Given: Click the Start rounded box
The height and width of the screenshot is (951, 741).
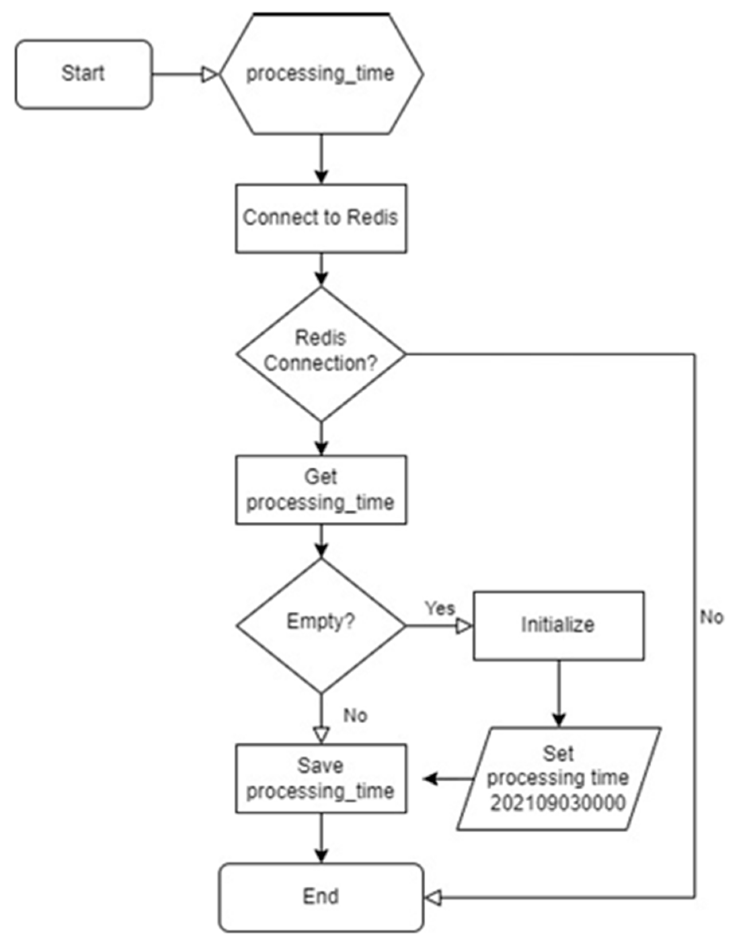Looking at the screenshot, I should (84, 74).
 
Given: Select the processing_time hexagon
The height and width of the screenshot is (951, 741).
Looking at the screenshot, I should (321, 74).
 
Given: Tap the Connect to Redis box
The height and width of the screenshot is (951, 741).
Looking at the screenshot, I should (321, 218).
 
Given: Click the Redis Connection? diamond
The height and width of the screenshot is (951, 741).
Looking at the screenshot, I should (321, 354).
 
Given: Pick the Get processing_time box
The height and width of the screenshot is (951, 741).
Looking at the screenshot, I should (321, 489).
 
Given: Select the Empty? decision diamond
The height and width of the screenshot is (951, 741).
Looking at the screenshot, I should (321, 626).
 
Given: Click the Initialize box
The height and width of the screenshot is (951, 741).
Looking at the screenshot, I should (559, 626).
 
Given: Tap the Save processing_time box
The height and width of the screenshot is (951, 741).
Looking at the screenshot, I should (321, 779).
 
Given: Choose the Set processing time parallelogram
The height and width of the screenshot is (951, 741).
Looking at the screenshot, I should (559, 779).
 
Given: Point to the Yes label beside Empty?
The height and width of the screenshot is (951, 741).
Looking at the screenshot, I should (440, 609).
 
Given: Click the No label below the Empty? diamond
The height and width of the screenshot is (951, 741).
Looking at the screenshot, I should (355, 715).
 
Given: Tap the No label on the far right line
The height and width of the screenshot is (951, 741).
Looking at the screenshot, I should (712, 617).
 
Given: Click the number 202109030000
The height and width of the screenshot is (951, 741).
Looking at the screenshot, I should (558, 803).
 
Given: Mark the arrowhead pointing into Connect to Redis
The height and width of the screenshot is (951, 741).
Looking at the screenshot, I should (321, 176).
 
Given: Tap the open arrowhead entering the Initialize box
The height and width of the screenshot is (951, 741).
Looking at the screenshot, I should (464, 626).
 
